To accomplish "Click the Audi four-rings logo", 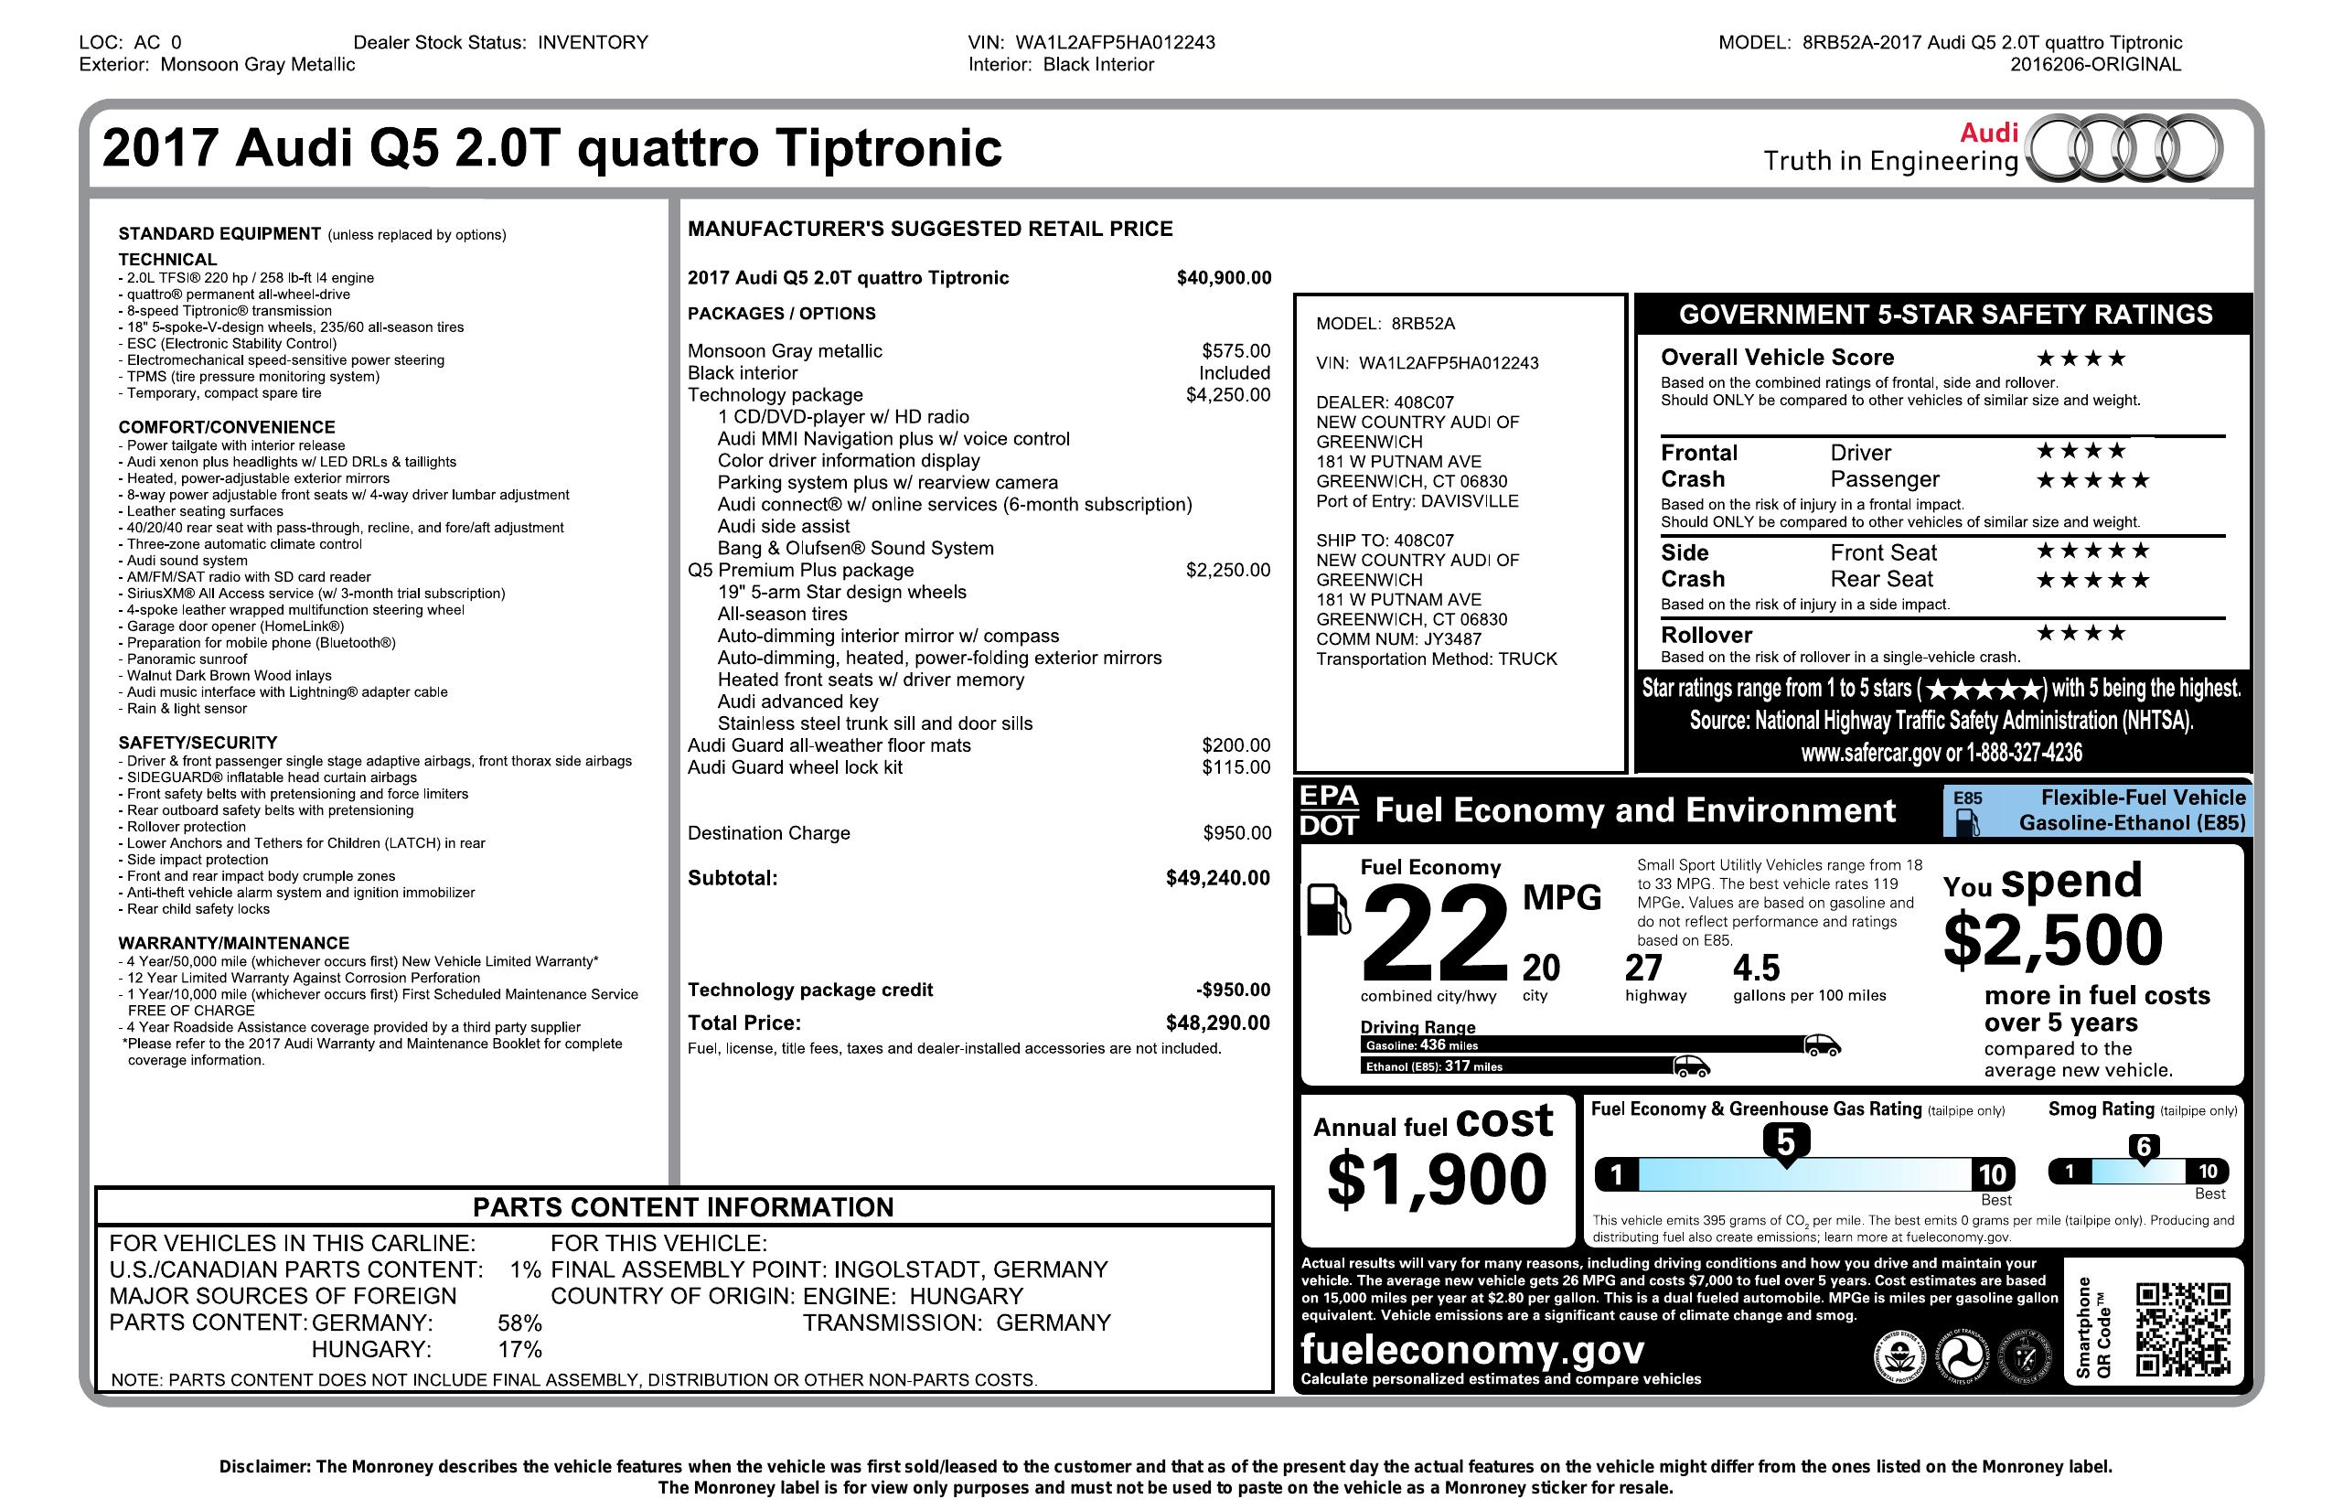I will click(x=2123, y=150).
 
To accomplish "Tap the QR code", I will click(x=2183, y=1330).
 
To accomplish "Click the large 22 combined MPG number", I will click(x=1435, y=934).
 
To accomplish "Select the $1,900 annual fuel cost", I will click(x=1437, y=1179).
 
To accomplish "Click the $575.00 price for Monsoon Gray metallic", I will click(x=1236, y=351).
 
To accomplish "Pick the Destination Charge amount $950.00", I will click(x=1236, y=833).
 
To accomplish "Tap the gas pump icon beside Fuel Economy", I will click(x=1329, y=908).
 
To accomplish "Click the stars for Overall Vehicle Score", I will click(x=2081, y=359).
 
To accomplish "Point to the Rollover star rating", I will click(x=2081, y=633).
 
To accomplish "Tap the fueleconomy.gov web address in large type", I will click(x=1472, y=1350).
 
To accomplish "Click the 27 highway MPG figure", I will click(x=1643, y=969).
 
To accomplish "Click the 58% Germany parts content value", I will click(x=519, y=1323).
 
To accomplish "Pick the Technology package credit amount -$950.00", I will click(x=1233, y=990).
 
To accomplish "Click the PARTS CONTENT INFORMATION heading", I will click(x=683, y=1207).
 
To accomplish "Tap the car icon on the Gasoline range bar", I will click(x=1822, y=1044).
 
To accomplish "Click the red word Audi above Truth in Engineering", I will click(x=1988, y=133).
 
